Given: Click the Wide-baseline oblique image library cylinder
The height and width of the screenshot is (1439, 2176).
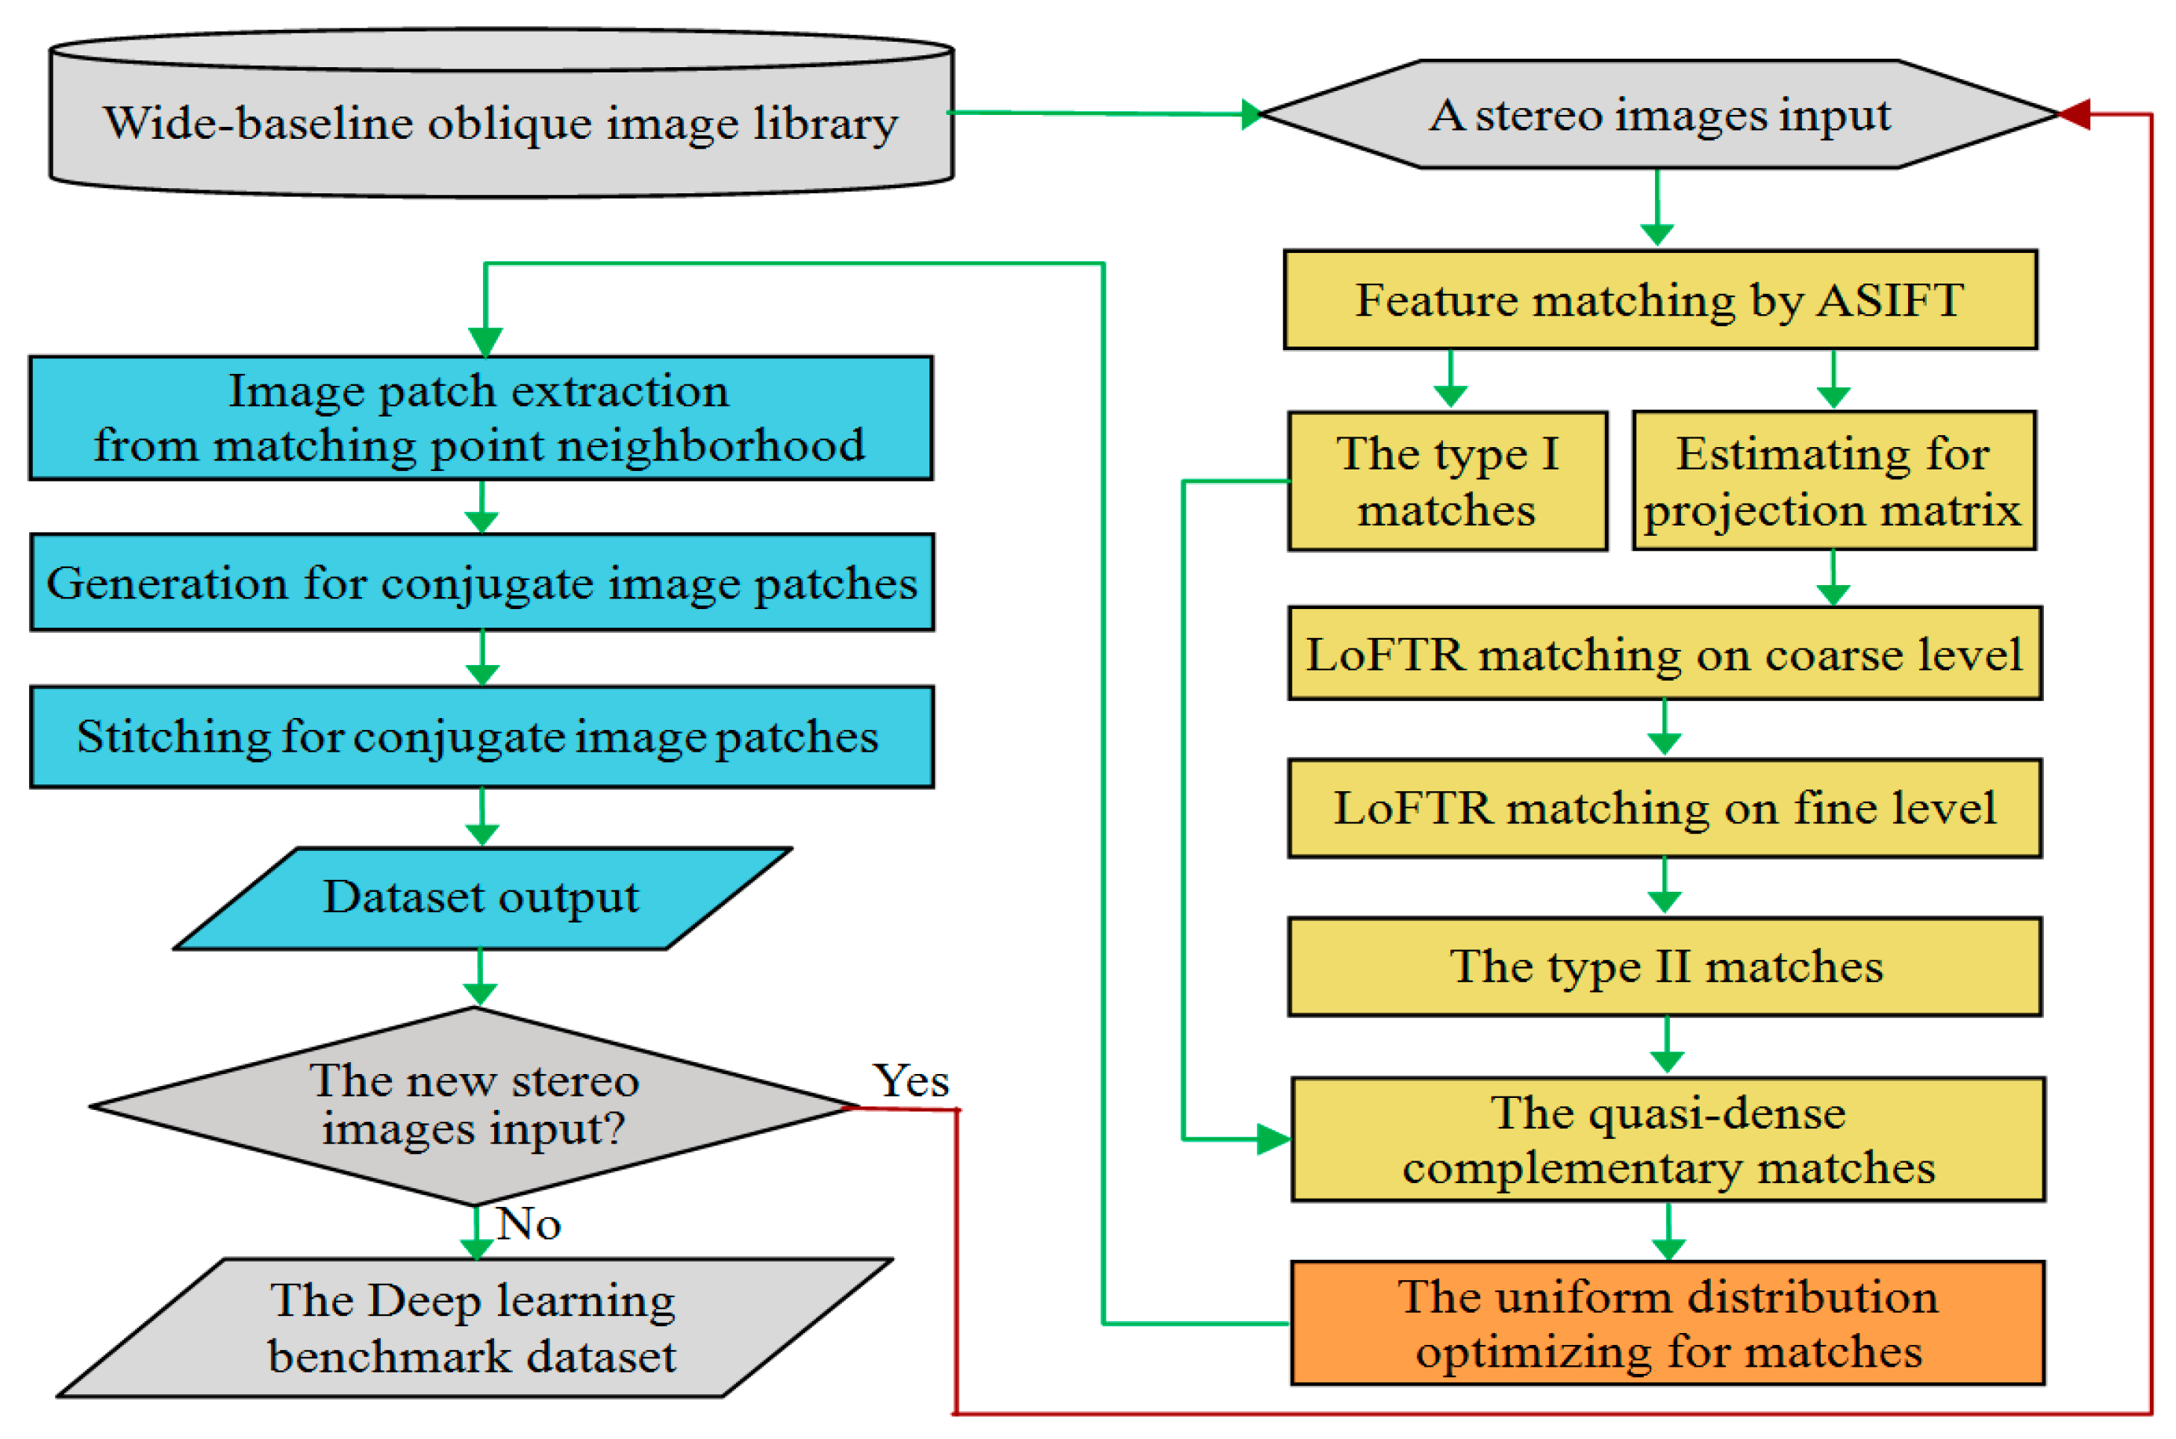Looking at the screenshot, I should point(500,124).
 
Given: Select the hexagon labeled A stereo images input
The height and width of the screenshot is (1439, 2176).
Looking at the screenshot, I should point(1659,115).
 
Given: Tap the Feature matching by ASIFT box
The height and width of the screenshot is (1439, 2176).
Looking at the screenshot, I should point(1659,300).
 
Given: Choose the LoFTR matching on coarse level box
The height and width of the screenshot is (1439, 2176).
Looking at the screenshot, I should point(1664,653).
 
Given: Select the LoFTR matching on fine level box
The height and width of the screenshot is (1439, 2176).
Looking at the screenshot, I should point(1664,808).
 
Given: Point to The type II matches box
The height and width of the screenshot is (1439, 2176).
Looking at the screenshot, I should point(1664,967).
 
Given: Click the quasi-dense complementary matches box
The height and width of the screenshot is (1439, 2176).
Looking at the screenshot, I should point(1668,1139).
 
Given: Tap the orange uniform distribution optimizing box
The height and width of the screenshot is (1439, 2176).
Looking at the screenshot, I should point(1667,1323).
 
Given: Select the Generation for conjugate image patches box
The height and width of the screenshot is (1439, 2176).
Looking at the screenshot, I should point(481,583).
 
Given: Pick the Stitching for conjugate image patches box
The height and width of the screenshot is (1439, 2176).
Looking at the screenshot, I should point(481,737).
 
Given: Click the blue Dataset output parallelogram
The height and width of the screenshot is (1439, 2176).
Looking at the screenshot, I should point(481,898).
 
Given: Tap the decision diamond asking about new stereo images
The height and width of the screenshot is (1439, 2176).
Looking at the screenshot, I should point(473,1106).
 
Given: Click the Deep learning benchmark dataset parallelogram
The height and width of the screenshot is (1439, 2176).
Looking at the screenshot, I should point(473,1328).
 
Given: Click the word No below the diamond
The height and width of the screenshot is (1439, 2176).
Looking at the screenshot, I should point(528,1224).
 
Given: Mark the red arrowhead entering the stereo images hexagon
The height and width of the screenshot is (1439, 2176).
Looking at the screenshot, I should point(2074,115).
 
